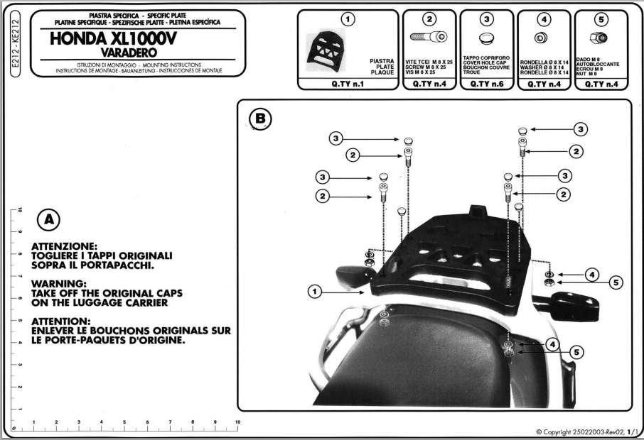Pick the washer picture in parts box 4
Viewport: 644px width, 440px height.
[x=541, y=38]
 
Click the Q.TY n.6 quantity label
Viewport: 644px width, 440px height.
[x=487, y=83]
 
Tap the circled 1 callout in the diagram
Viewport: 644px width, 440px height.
[x=315, y=290]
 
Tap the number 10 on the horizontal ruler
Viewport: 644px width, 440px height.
[x=237, y=422]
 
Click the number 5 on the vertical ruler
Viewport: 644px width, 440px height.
[x=21, y=321]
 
